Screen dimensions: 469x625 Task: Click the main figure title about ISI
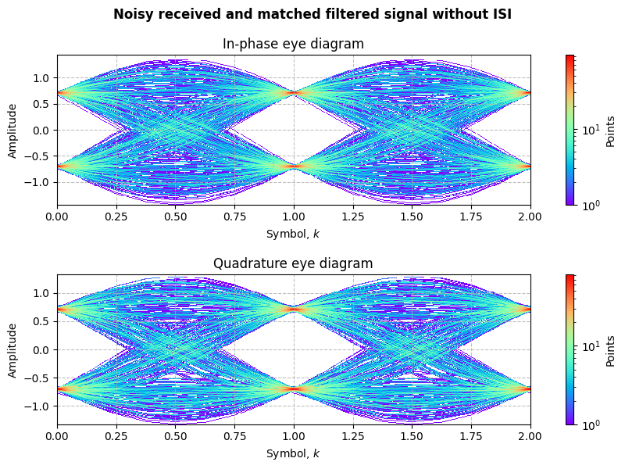tap(312, 14)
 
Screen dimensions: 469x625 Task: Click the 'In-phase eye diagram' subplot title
tap(293, 44)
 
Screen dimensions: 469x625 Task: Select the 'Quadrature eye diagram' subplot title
tap(293, 263)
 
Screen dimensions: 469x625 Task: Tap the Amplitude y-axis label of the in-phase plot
tap(12, 130)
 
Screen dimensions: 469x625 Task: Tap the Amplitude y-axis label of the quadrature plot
tap(12, 349)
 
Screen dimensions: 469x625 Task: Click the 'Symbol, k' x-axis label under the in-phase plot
tap(293, 234)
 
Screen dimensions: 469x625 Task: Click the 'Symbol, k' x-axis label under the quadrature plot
tap(293, 453)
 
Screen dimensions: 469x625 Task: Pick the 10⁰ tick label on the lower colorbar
tap(591, 424)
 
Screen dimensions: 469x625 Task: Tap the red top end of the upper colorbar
tap(570, 58)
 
